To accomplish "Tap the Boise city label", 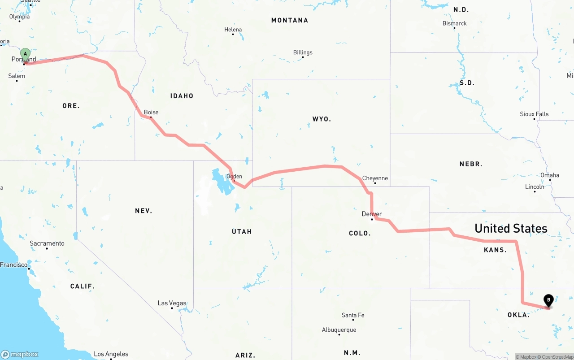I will pos(151,112).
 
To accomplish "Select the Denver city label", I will pos(372,214).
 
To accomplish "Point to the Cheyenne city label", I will pos(375,178).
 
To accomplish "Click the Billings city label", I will pos(303,52).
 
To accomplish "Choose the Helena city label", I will pos(233,30).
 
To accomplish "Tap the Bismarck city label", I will pos(454,23).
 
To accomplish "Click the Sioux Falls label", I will pos(534,114).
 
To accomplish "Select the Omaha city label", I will pos(549,175).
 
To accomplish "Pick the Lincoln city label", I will pos(535,187).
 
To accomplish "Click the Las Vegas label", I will pos(172,303).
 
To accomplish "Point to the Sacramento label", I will pos(47,243).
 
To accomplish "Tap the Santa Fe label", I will pos(353,315).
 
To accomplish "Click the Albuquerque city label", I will pos(339,330).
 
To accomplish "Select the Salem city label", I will pos(17,76).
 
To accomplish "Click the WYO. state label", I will pos(322,119).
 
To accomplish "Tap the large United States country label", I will pos(511,228).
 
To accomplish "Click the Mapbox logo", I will pos(20,354).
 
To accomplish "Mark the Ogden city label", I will pos(234,176).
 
